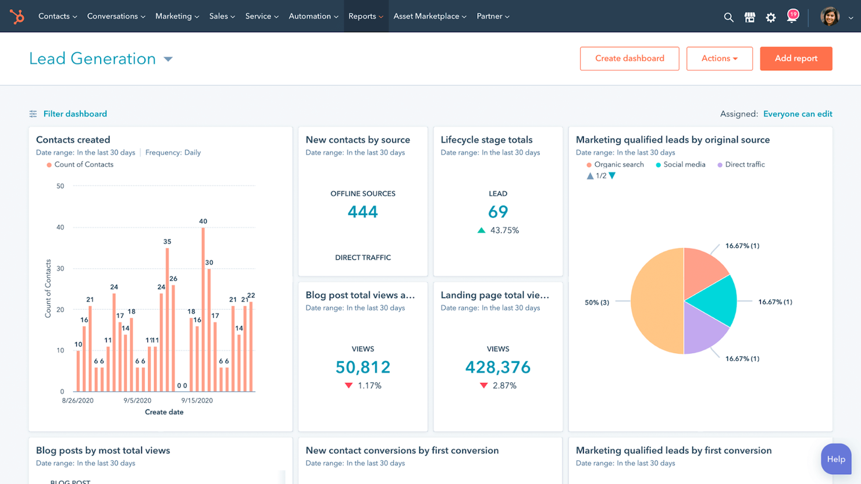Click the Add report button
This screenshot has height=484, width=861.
click(x=795, y=59)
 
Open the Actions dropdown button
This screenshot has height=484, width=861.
click(x=719, y=59)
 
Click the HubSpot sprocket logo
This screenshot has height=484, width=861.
click(x=17, y=16)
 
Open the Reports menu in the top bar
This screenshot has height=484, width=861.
click(x=365, y=16)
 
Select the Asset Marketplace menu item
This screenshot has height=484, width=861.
click(x=429, y=16)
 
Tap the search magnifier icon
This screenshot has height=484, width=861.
click(x=728, y=17)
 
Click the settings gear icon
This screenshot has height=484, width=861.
click(x=771, y=17)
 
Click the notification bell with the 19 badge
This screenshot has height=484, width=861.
click(x=791, y=17)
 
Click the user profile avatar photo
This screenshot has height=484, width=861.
click(x=830, y=17)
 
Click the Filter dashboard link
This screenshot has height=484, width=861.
click(x=74, y=114)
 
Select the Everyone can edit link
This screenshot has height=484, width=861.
click(x=797, y=114)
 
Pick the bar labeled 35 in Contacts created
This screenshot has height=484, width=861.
click(x=168, y=320)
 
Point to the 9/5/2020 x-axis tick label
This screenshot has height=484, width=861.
click(x=137, y=400)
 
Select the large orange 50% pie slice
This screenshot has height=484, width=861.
click(x=656, y=301)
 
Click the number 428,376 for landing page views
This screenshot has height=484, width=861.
click(x=497, y=367)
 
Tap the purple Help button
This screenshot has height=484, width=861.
click(x=835, y=459)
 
